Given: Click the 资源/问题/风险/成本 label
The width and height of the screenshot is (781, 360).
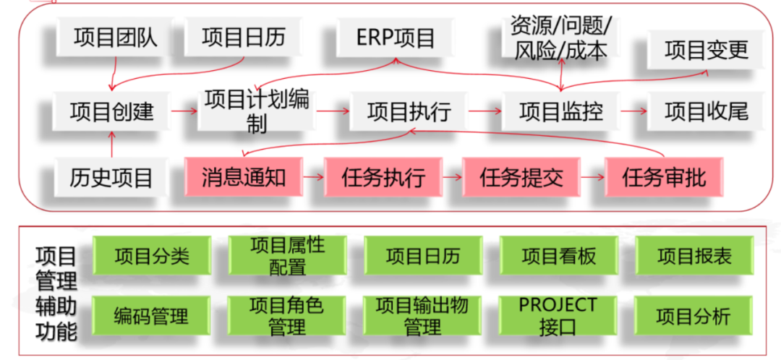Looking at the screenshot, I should click(x=561, y=36).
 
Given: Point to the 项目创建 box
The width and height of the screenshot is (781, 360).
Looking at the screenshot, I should click(x=112, y=111).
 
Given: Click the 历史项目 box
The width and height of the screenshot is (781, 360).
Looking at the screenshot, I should click(x=112, y=176).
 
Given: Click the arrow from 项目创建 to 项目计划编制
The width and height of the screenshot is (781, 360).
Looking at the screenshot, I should click(x=185, y=111).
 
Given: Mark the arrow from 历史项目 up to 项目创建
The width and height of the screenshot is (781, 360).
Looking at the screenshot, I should click(x=112, y=146).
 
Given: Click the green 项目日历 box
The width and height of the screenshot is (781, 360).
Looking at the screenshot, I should click(x=423, y=257).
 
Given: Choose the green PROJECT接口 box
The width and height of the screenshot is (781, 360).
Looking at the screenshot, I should click(x=558, y=316).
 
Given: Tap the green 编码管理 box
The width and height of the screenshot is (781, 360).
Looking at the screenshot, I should click(x=151, y=316).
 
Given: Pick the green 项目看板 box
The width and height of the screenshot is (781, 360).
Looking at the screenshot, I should click(x=558, y=257).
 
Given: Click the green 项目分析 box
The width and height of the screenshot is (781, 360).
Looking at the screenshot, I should click(x=693, y=316).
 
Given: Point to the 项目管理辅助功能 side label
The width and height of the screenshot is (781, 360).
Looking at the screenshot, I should click(x=56, y=293).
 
